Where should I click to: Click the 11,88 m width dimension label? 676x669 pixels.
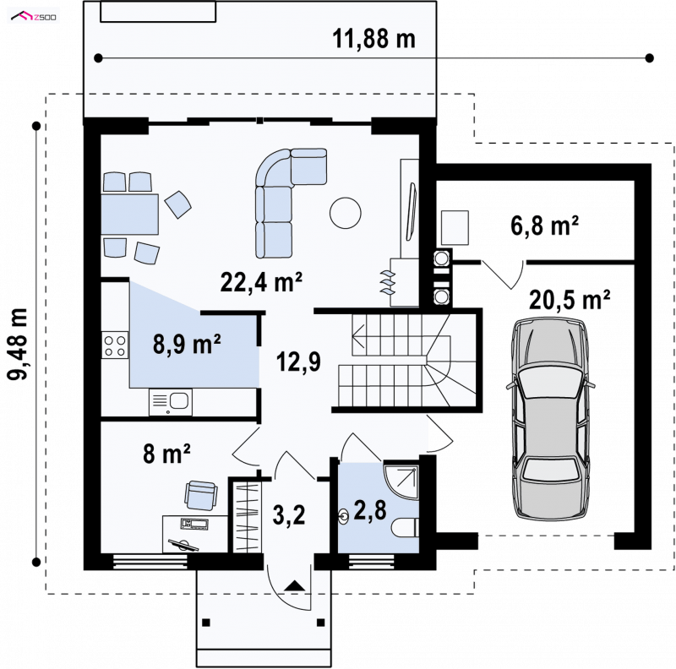coord(373,39)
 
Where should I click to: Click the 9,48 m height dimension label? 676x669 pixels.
coord(18,344)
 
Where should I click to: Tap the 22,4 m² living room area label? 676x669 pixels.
coord(261,282)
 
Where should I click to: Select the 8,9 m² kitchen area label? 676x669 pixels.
coord(187,344)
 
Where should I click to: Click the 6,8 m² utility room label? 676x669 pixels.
coord(544,225)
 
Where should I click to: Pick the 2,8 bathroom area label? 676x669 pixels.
coord(370,510)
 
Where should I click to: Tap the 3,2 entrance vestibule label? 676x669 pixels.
coord(289,514)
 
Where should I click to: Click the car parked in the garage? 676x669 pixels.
coord(550,418)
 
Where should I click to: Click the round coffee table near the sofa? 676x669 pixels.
coord(346,213)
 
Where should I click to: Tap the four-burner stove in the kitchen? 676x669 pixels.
coord(115,345)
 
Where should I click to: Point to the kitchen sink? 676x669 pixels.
coord(171,402)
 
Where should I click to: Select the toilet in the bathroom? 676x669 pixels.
coord(406,527)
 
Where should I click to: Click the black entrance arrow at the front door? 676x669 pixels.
coord(295,585)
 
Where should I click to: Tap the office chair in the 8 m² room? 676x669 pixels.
coord(200,495)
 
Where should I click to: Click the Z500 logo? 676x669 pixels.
coord(34,17)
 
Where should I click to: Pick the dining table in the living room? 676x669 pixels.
coord(130,215)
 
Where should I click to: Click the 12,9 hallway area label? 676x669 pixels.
coord(298,362)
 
